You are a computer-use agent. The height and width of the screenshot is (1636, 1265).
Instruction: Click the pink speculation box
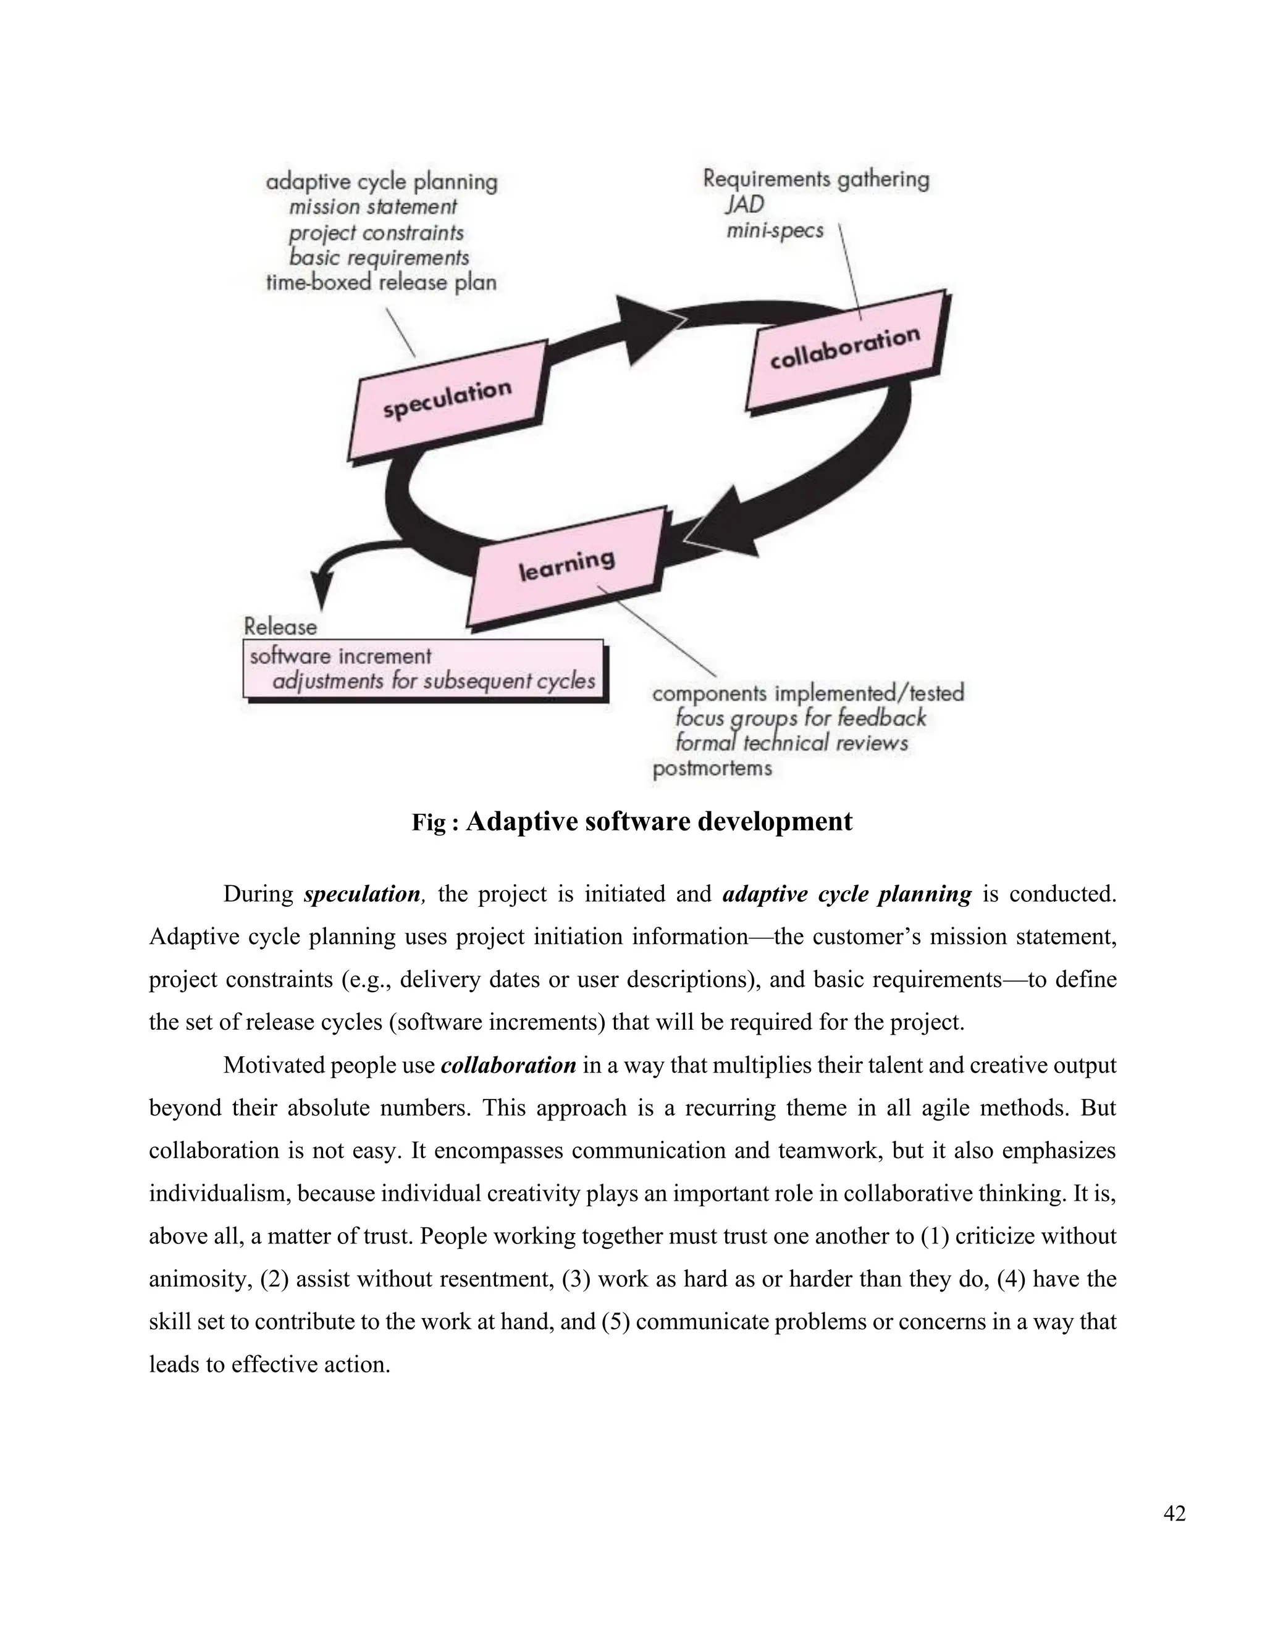click(448, 403)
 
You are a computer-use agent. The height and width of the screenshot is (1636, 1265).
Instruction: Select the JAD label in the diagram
click(744, 204)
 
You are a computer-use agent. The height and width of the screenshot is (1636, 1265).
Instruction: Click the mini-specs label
click(775, 230)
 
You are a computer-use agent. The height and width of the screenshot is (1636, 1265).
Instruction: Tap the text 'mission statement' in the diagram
click(372, 207)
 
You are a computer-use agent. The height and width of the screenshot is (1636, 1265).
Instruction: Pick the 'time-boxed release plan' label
click(382, 283)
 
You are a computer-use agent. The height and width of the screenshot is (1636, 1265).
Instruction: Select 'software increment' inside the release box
click(340, 656)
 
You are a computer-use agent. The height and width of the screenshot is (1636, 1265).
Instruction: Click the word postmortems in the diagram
click(712, 769)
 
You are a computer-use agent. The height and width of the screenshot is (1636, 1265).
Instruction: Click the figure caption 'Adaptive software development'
click(658, 822)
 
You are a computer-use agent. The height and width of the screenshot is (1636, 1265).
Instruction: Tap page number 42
click(1174, 1514)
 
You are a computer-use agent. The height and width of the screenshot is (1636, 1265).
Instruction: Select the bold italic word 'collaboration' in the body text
click(508, 1065)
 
